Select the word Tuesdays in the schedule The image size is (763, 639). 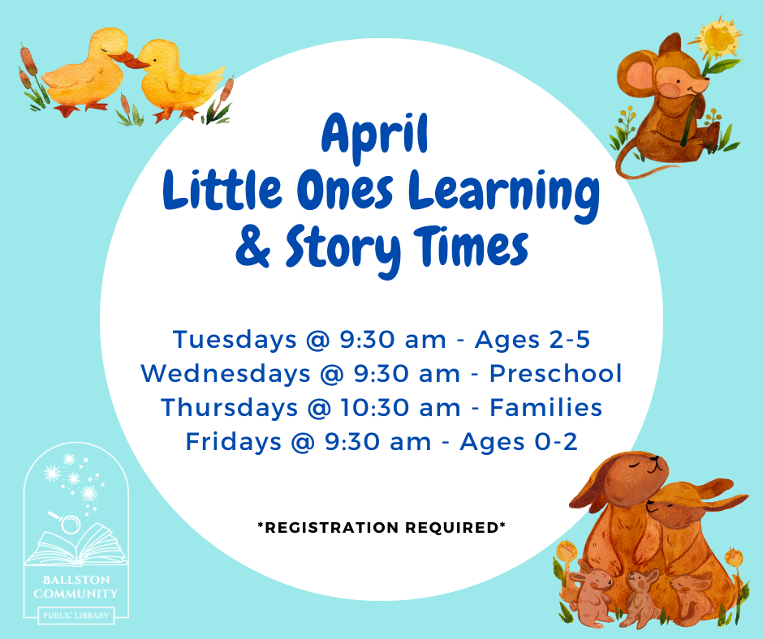coord(235,340)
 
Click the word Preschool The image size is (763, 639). coord(556,374)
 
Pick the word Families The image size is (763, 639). coord(546,407)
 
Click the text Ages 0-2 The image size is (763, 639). coord(519,442)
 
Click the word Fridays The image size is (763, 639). coord(234,442)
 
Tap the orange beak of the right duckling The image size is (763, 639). coord(142,63)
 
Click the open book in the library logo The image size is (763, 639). coord(75,546)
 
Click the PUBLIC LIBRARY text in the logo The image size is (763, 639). coord(76,615)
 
